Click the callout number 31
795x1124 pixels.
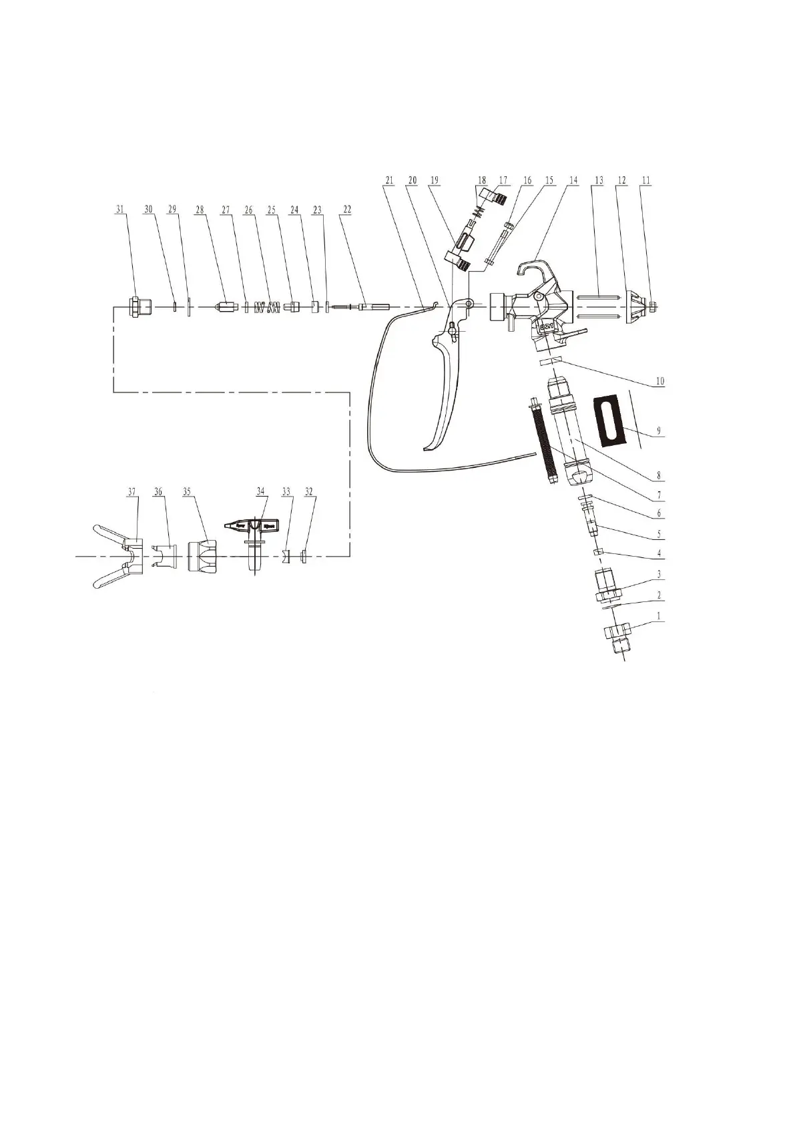pyautogui.click(x=120, y=209)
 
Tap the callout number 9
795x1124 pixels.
pyautogui.click(x=659, y=431)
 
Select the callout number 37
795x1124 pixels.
pyautogui.click(x=131, y=491)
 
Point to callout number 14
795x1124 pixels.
pyautogui.click(x=573, y=180)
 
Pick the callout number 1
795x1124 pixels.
pyautogui.click(x=659, y=617)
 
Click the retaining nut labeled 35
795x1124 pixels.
pyautogui.click(x=202, y=555)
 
